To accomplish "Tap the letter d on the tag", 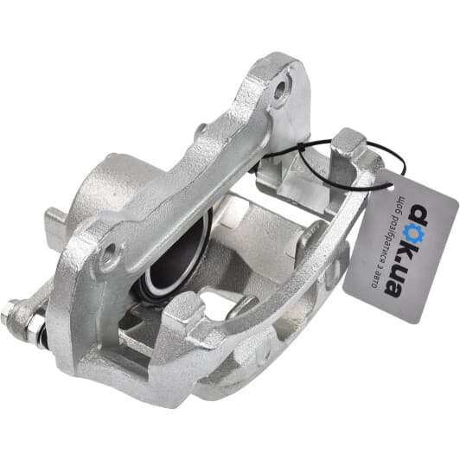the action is (420, 214).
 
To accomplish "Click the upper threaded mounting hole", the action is (280, 89).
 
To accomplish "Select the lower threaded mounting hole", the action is (110, 252).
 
